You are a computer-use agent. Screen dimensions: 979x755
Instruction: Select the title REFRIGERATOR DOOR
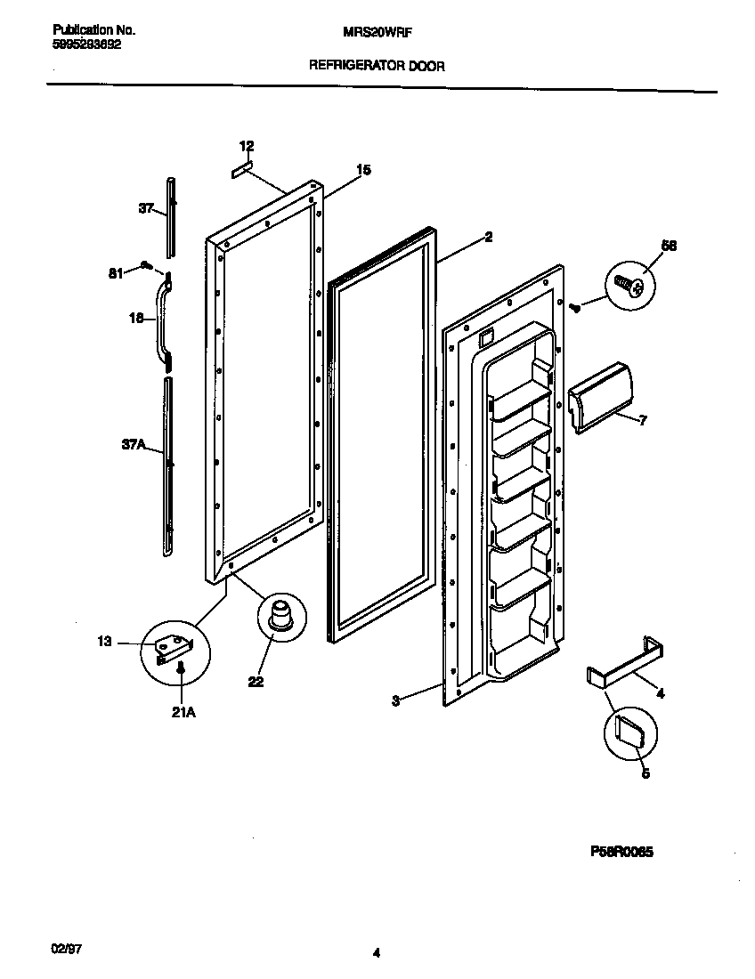[x=377, y=65]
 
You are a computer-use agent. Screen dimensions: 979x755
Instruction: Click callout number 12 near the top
[x=247, y=146]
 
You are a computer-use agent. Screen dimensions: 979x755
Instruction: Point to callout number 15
[x=363, y=169]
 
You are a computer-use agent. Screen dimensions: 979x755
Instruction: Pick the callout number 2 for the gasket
[x=489, y=237]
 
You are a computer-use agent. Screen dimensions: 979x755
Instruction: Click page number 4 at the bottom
[x=377, y=953]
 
